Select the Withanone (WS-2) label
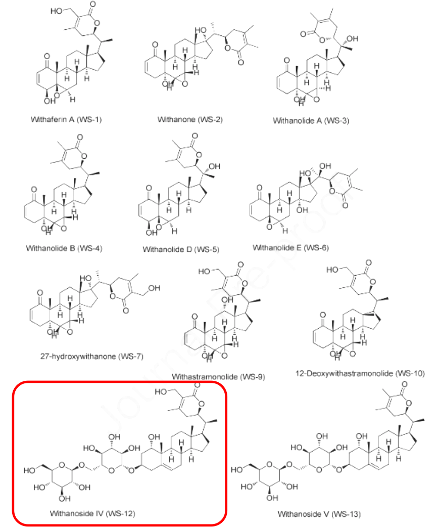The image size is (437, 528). (x=190, y=119)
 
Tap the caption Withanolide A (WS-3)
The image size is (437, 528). (x=310, y=120)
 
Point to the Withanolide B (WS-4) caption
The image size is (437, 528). (x=67, y=248)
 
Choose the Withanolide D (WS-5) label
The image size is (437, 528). (x=181, y=249)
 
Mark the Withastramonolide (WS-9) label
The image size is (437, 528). (x=218, y=377)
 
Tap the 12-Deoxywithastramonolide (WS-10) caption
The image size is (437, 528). (x=360, y=373)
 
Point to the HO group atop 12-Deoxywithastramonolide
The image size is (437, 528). (x=332, y=270)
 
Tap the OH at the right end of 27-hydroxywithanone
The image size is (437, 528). (x=155, y=288)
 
